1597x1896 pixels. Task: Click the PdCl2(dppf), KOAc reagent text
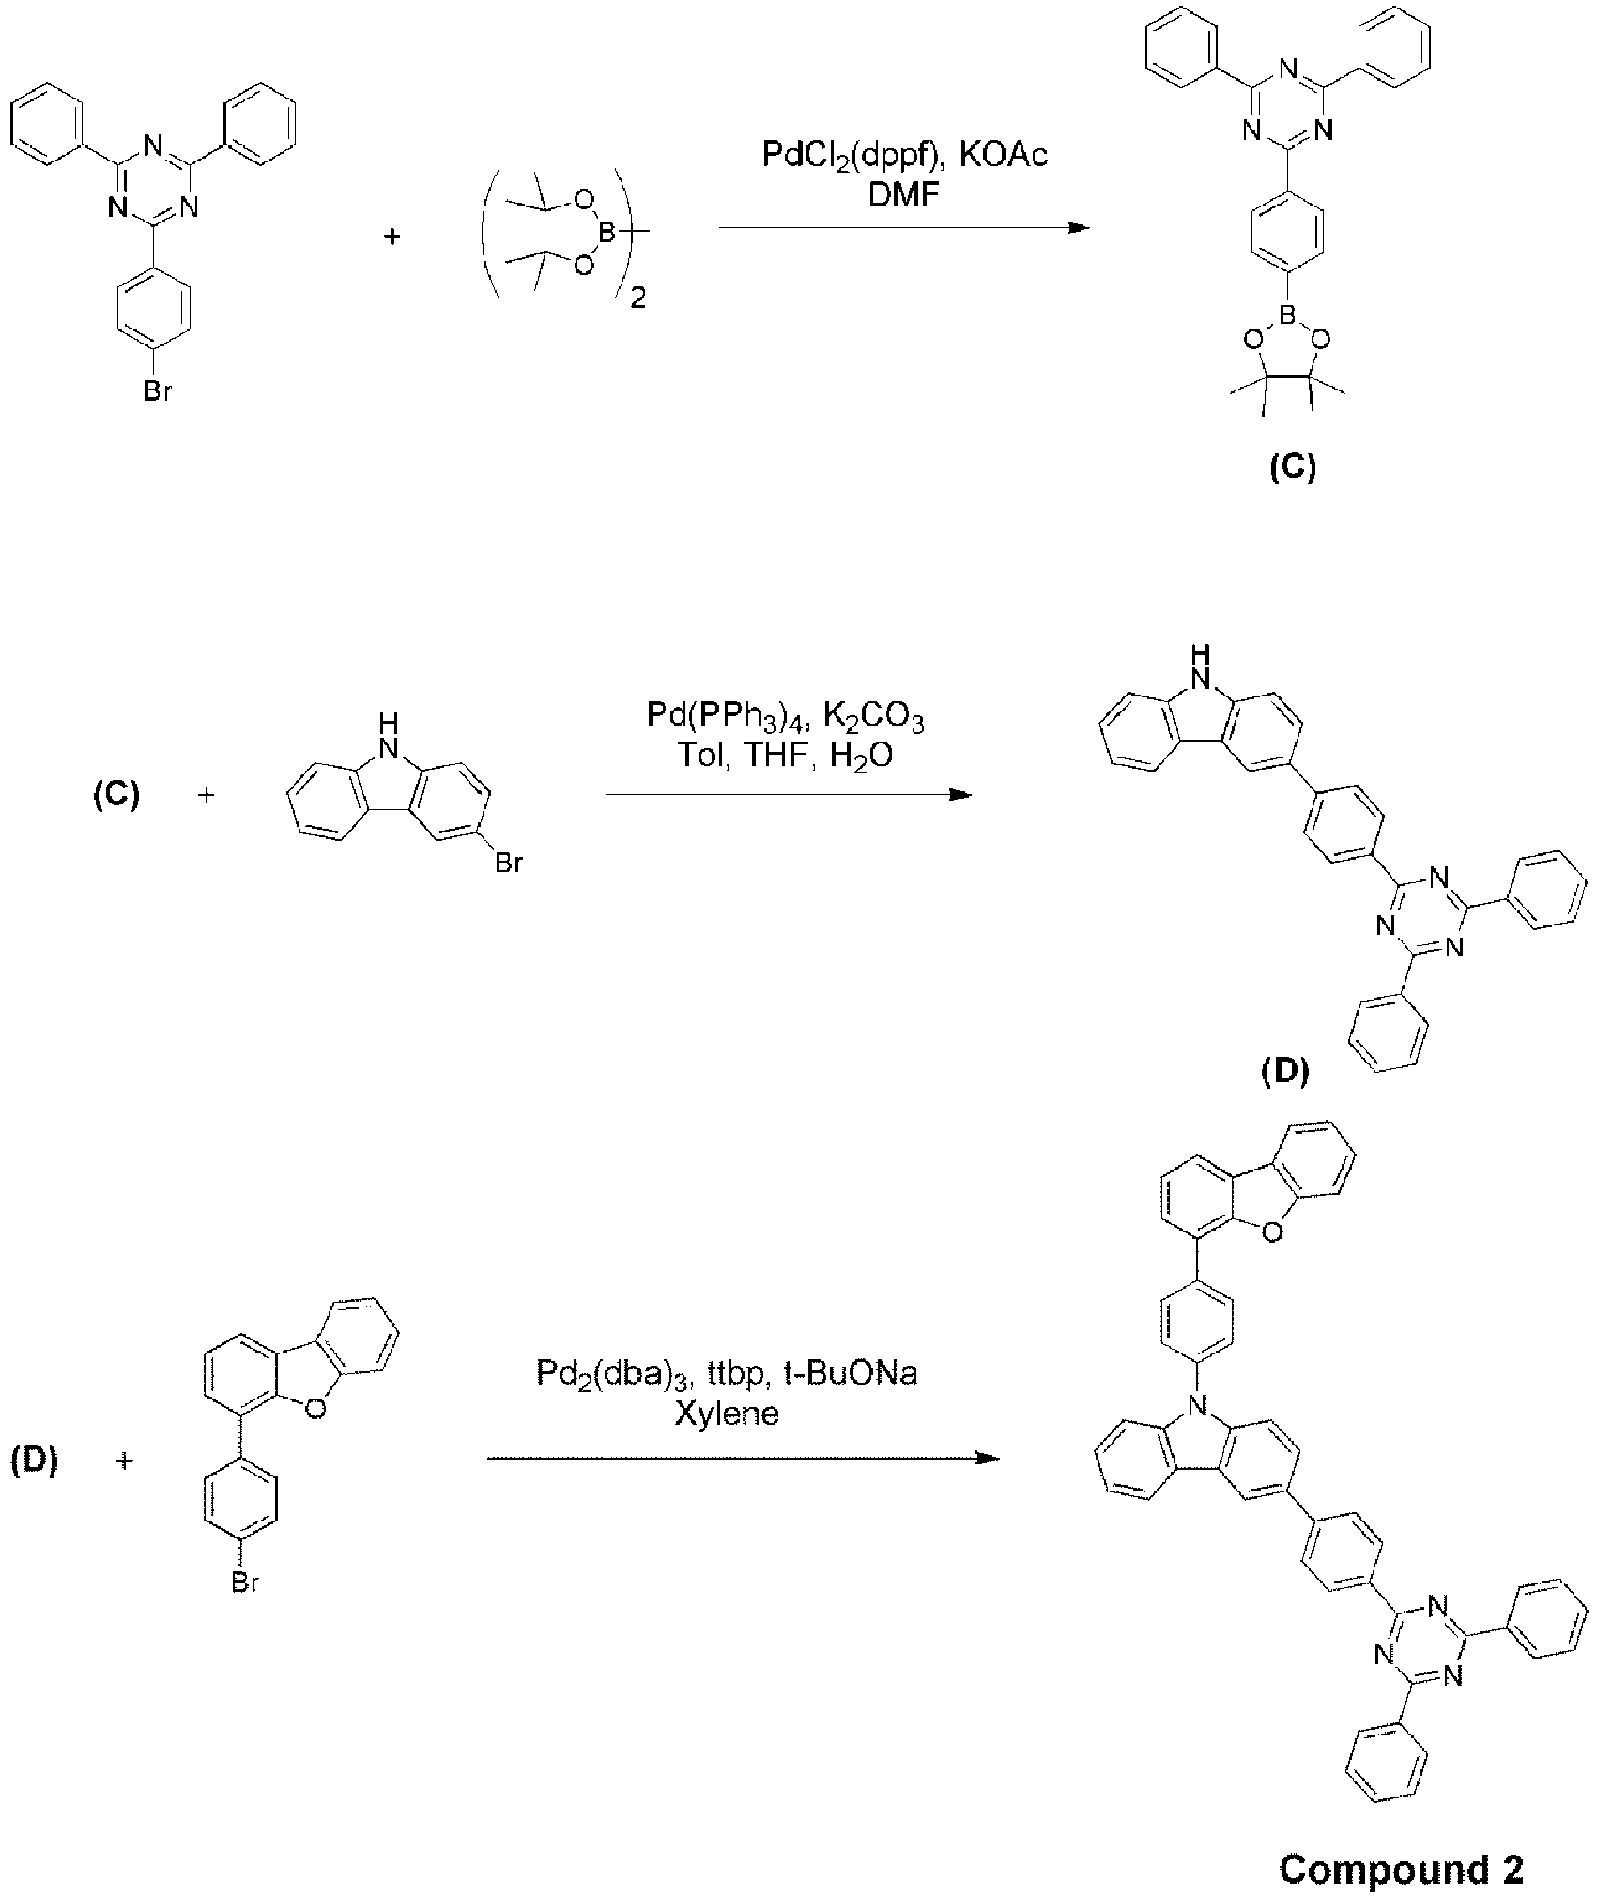[904, 155]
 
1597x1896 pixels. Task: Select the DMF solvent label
[904, 196]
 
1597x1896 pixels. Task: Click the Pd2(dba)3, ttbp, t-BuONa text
[728, 1374]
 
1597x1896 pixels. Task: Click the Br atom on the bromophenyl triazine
[157, 391]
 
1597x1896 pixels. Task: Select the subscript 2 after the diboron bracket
[638, 300]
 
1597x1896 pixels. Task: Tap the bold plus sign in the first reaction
[392, 236]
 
